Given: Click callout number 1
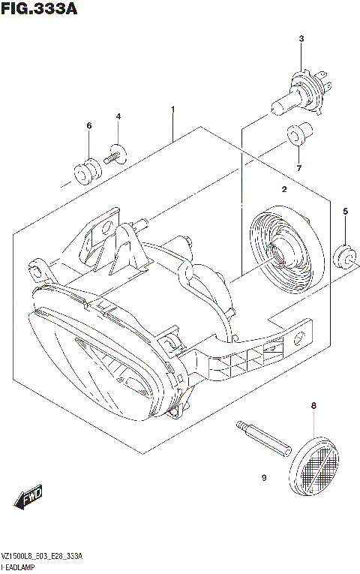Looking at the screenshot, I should (172, 110).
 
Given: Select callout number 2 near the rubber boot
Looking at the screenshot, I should (284, 190).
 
